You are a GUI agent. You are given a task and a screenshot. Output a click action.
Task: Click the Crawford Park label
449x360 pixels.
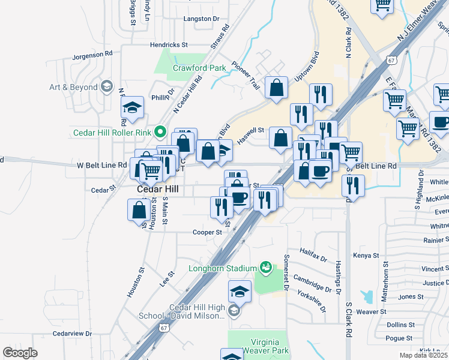(x=199, y=68)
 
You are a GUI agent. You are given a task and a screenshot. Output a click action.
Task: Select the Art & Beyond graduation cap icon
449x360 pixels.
(x=107, y=87)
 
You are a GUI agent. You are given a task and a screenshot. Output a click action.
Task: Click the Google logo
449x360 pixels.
(x=20, y=353)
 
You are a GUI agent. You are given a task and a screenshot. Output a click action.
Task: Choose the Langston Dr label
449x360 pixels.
(x=202, y=19)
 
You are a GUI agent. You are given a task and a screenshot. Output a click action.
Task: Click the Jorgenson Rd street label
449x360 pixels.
(x=92, y=54)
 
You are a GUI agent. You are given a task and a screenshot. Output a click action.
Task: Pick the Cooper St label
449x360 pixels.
(x=203, y=232)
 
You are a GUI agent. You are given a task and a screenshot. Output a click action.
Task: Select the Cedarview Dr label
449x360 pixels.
(x=71, y=333)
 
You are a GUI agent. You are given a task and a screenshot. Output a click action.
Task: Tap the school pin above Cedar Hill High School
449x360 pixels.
(x=240, y=292)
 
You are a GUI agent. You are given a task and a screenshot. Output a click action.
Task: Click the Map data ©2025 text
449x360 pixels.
(x=423, y=355)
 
